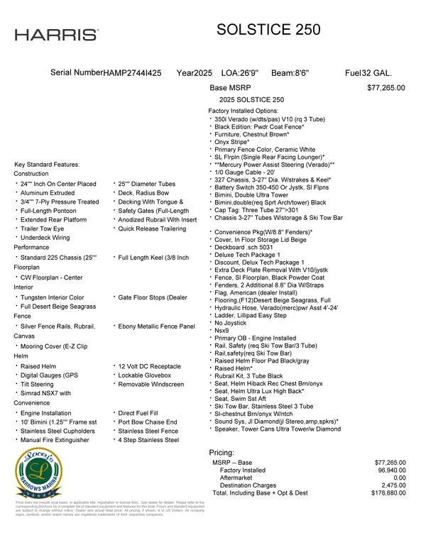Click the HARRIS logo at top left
coord(57,35)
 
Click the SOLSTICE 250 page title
coord(268,29)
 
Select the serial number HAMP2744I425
coord(132,73)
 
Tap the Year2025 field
coord(195,73)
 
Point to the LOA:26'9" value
coord(240,73)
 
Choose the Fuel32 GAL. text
coord(368,73)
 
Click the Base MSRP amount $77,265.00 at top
coord(386,88)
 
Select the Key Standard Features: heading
coord(48,165)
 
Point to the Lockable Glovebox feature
coord(145,375)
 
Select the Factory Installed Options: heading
coord(243,111)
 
